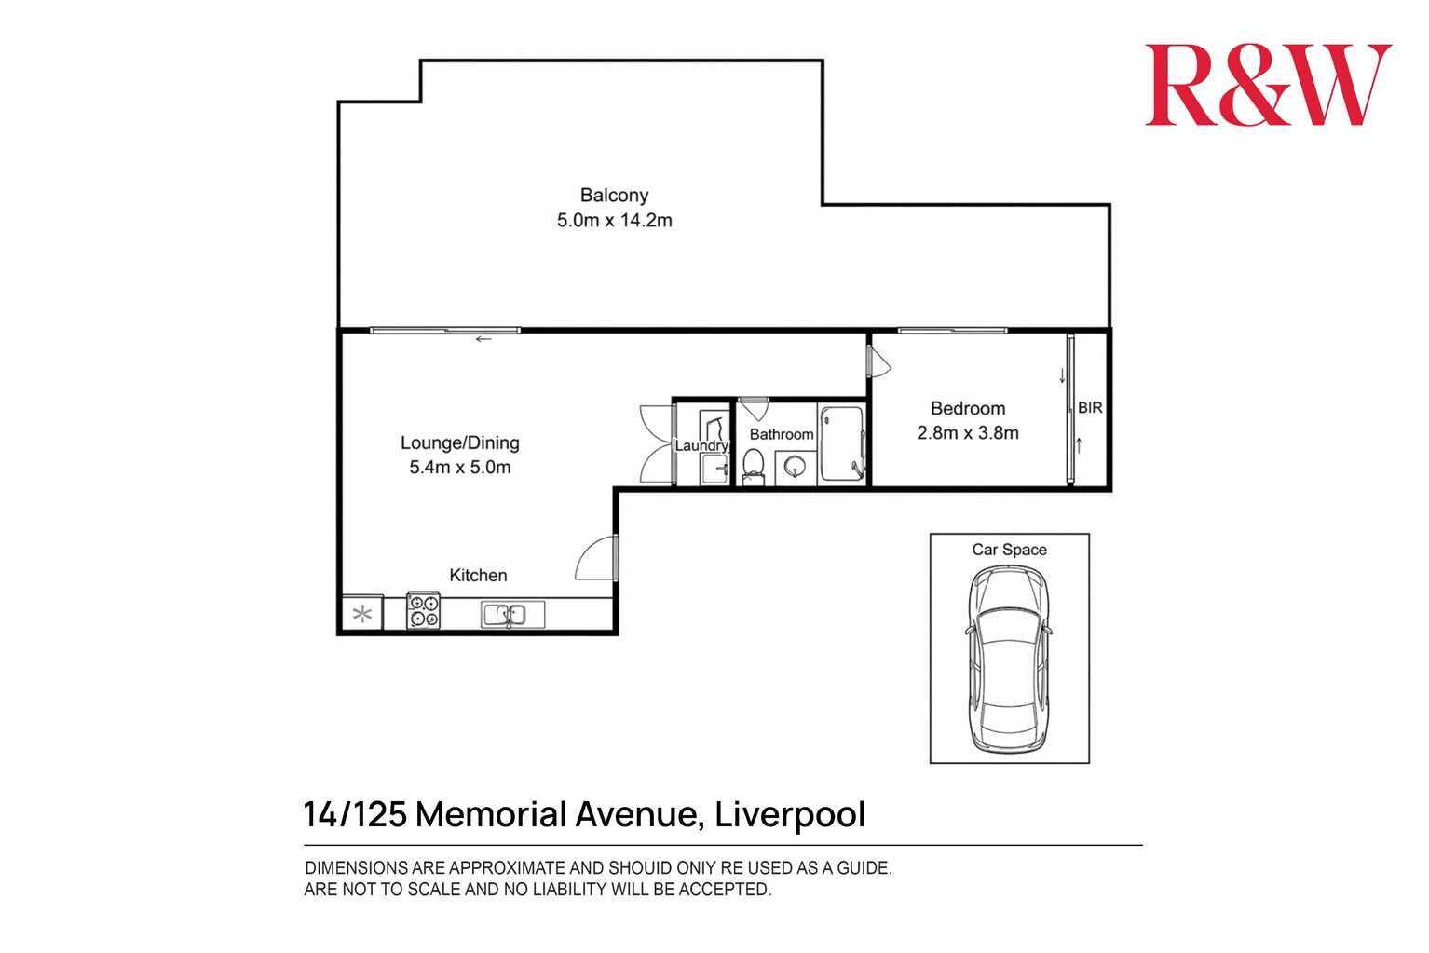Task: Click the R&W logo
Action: pyautogui.click(x=1267, y=85)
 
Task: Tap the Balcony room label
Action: pyautogui.click(x=614, y=196)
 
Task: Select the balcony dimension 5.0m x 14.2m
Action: pyautogui.click(x=614, y=221)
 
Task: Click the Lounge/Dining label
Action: pyautogui.click(x=459, y=443)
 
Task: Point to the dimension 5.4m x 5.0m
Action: pyautogui.click(x=459, y=468)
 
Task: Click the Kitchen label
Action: pyautogui.click(x=478, y=576)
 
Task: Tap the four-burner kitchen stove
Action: pyautogui.click(x=424, y=612)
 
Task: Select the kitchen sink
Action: pyautogui.click(x=503, y=615)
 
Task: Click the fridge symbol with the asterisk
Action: pyautogui.click(x=361, y=615)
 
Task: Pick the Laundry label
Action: pyautogui.click(x=701, y=446)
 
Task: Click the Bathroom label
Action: pyautogui.click(x=781, y=434)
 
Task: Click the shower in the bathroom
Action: pyautogui.click(x=843, y=442)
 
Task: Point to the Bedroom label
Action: pyautogui.click(x=967, y=409)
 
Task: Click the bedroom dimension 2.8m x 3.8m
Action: pyautogui.click(x=967, y=433)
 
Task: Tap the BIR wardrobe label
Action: pyautogui.click(x=1090, y=408)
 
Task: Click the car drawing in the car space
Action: pyautogui.click(x=1009, y=660)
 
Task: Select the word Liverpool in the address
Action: pyautogui.click(x=790, y=815)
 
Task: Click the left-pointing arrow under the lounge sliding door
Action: pyautogui.click(x=483, y=340)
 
